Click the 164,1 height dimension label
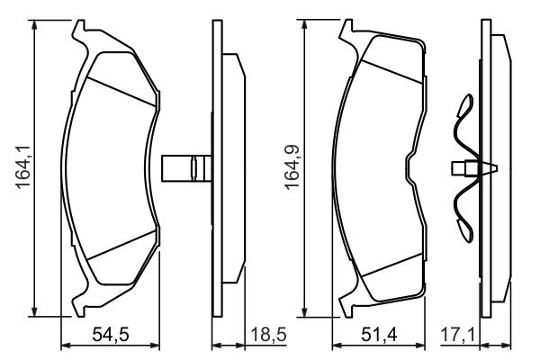(23, 167)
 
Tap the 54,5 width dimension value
(111, 335)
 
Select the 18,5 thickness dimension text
(268, 335)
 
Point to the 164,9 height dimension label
(292, 167)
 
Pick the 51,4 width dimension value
(379, 335)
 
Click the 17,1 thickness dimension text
(458, 335)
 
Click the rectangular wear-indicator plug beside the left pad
(186, 168)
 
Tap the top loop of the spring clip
(465, 104)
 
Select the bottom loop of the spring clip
(465, 230)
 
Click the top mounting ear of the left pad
(79, 31)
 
